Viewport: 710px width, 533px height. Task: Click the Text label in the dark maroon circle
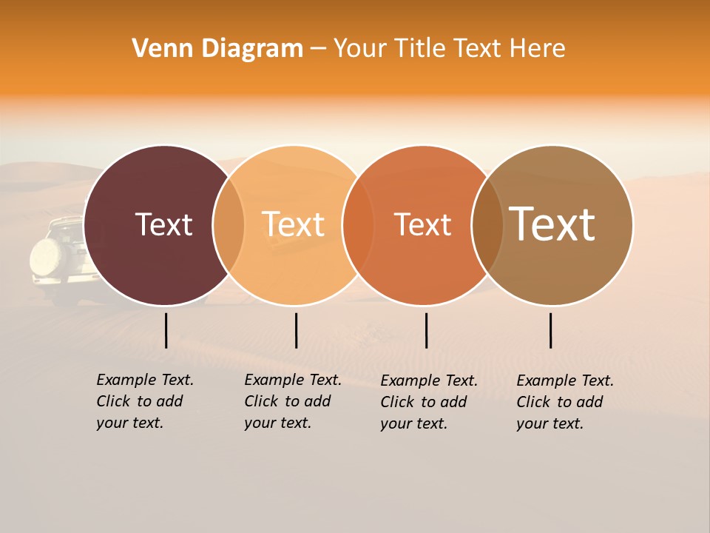[163, 224]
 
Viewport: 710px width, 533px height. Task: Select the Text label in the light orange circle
[294, 224]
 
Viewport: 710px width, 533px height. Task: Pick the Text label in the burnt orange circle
[422, 224]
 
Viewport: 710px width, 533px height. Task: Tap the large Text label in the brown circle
[552, 224]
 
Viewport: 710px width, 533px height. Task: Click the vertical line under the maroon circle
[166, 330]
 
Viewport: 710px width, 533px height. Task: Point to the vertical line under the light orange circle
[296, 330]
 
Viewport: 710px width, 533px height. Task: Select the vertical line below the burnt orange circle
[426, 330]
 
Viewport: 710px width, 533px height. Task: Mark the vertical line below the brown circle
[551, 330]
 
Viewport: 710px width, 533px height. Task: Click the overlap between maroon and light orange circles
[229, 225]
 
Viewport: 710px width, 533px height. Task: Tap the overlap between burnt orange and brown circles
[487, 225]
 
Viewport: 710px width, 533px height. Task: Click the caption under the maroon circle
[145, 401]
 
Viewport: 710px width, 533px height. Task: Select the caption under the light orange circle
[293, 401]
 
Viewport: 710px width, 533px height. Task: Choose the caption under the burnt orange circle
[429, 402]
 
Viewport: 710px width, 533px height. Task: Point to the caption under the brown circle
[565, 402]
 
